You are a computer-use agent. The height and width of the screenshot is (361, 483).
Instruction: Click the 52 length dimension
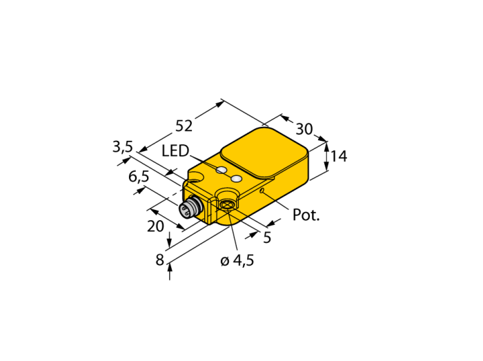pos(184,126)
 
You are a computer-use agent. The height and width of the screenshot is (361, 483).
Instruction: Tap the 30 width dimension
pos(304,129)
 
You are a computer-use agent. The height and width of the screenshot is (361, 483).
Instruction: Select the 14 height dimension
pos(339,156)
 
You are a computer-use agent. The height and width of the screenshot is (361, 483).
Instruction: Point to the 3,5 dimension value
pos(122,146)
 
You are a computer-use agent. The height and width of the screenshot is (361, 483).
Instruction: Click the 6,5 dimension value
pos(139,177)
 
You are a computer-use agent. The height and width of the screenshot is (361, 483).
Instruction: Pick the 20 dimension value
pos(155,226)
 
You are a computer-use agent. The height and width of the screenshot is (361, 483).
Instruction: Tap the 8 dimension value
pos(159,260)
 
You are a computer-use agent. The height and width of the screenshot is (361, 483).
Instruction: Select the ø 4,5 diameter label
pos(237,261)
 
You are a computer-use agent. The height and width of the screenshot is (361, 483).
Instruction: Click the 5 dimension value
pos(267,237)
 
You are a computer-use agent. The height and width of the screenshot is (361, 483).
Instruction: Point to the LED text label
pos(175,151)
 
